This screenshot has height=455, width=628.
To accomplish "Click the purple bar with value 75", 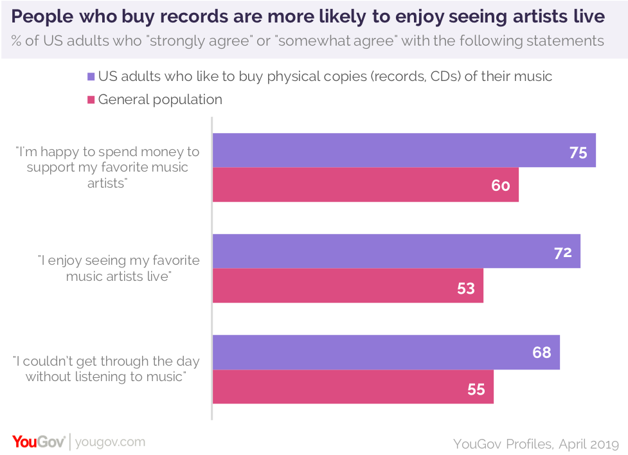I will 404,150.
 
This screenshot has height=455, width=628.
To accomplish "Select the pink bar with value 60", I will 365,185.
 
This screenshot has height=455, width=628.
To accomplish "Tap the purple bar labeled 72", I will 396,251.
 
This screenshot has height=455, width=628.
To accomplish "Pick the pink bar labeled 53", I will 347,285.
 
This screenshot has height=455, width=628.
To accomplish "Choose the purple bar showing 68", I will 386,352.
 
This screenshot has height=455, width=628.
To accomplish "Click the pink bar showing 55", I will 352,387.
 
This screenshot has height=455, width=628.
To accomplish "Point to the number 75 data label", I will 578,152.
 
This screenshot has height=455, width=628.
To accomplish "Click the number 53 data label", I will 466,289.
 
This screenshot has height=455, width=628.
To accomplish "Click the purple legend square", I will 91,76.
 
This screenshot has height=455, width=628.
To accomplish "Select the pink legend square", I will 91,100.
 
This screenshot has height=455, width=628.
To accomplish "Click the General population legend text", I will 160,100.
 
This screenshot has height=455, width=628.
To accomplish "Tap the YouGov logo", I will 39,442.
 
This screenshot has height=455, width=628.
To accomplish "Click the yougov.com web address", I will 110,442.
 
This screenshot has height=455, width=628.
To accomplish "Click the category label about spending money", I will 108,167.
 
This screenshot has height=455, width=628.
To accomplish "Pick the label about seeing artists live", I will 119,268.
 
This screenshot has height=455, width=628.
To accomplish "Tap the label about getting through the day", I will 106,369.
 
